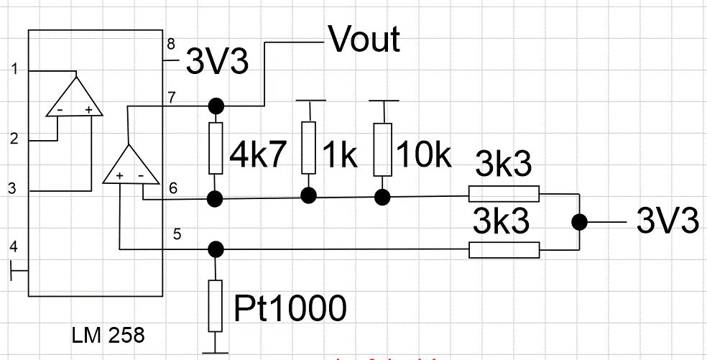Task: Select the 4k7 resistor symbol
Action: click(x=215, y=148)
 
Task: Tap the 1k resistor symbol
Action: click(x=309, y=148)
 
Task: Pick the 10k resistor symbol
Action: click(x=383, y=148)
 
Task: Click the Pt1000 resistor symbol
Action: click(x=215, y=305)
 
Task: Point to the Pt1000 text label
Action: click(x=290, y=308)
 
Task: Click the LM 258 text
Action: click(x=108, y=335)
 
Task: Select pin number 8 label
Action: click(x=171, y=43)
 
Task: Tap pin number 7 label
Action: click(x=171, y=96)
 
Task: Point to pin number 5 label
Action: click(x=177, y=234)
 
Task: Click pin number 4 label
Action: click(x=12, y=248)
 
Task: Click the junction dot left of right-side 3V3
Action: click(x=579, y=222)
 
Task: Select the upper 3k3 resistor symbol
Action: click(x=503, y=194)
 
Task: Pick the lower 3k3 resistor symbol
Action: click(x=503, y=249)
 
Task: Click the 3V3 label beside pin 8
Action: click(x=217, y=63)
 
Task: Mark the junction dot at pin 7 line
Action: click(x=215, y=106)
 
